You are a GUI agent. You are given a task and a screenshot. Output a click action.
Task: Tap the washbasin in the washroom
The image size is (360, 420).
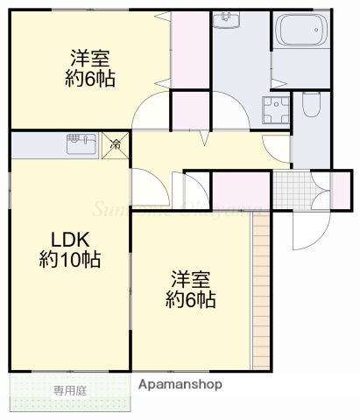[228, 21]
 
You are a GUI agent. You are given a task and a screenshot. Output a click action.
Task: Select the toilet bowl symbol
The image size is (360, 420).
[310, 109]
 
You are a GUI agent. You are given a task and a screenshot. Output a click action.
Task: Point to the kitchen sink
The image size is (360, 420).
[81, 143]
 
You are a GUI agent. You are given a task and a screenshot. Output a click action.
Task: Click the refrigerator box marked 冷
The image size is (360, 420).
[116, 143]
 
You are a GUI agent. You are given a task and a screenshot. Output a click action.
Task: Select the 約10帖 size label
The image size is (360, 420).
[68, 260]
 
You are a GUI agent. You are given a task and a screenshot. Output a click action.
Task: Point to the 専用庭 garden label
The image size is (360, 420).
[70, 390]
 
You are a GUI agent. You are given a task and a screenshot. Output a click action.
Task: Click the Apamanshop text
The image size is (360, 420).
[180, 384]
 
